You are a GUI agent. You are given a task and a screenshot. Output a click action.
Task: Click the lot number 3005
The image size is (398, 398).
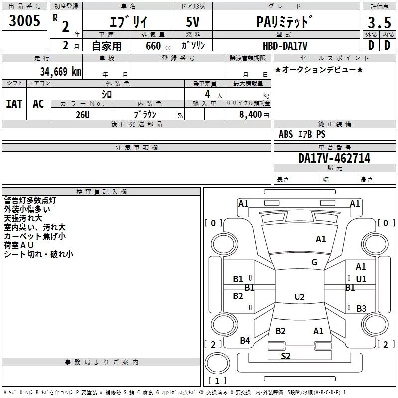pos(24,21)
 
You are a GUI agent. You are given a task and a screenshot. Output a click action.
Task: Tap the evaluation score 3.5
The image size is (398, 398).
pos(379,22)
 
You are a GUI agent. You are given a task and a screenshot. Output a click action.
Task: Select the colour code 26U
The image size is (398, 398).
pos(83,114)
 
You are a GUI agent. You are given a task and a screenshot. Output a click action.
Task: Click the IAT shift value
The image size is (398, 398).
pos(14,103)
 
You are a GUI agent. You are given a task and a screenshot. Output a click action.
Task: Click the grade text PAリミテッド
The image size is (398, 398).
pos(285,22)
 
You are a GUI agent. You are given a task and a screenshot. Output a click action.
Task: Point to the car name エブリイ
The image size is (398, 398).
pos(128,22)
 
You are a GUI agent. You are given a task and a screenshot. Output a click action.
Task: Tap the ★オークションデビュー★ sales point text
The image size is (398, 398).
pos(319,69)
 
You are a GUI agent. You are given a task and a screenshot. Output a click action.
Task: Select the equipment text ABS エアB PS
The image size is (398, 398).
pos(302,134)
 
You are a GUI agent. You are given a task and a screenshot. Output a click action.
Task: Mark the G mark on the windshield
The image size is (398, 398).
pos(314,262)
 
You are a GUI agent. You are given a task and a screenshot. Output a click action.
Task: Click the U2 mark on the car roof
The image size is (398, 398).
pos(299,297)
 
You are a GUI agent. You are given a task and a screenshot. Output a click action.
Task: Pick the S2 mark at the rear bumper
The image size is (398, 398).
pos(286,356)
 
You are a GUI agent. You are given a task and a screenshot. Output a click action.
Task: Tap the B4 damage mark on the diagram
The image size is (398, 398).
pos(245,341)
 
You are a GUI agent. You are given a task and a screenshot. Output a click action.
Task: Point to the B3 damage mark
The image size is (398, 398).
pos(361,309)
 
